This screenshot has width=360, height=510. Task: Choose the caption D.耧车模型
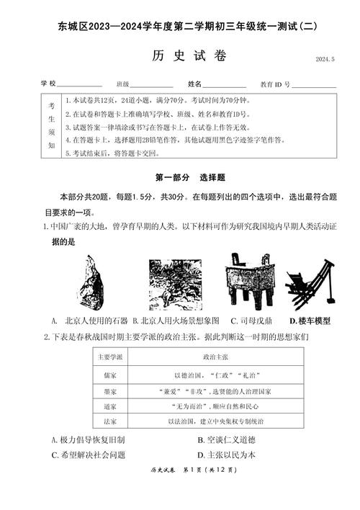click(310, 321)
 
